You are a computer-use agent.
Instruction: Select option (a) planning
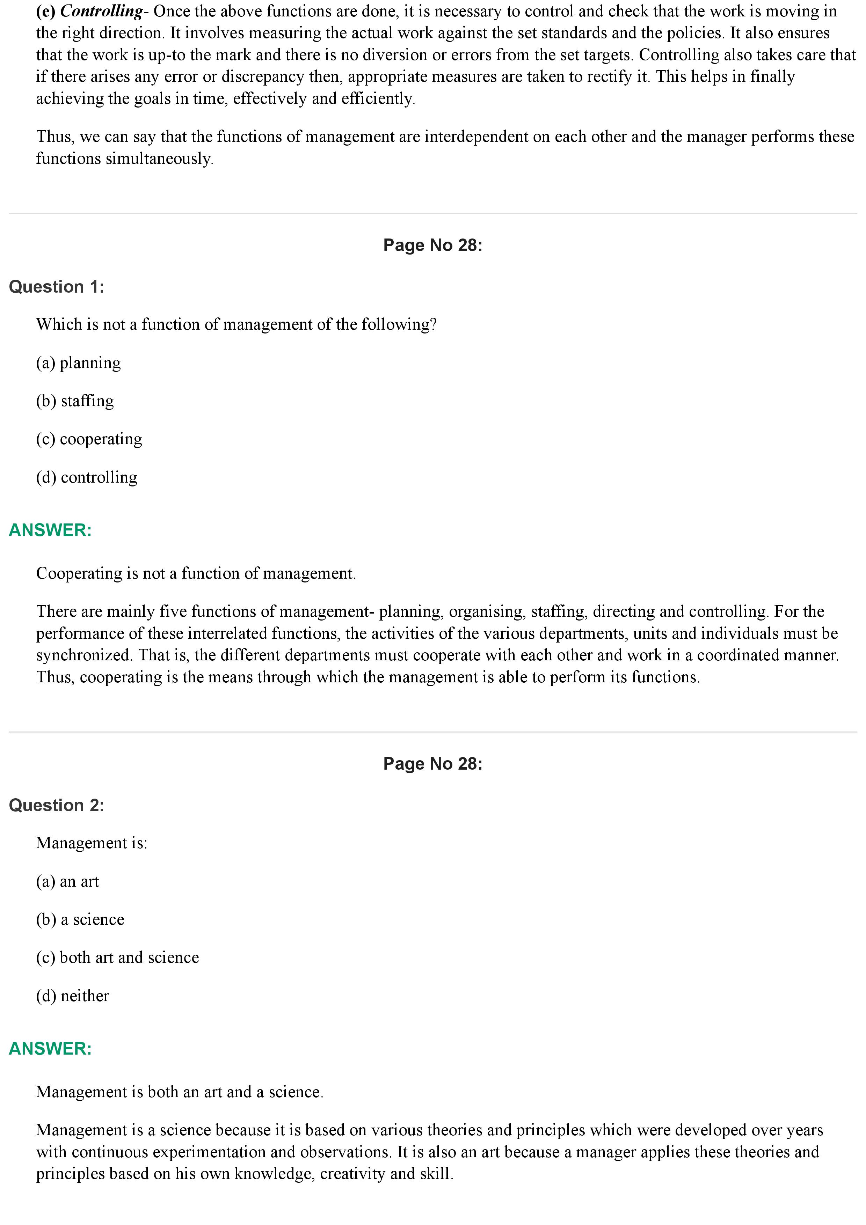tap(79, 363)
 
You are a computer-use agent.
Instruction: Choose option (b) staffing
tap(75, 401)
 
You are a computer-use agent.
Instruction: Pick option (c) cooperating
tap(89, 439)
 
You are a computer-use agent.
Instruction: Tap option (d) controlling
tap(86, 477)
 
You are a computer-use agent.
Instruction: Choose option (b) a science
tap(80, 919)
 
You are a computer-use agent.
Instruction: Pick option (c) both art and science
tap(117, 958)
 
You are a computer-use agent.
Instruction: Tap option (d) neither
tap(73, 996)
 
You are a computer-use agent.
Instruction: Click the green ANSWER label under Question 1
tap(50, 530)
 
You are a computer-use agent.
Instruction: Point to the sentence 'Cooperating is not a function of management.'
tap(196, 573)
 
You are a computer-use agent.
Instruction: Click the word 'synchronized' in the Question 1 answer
tap(84, 655)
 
